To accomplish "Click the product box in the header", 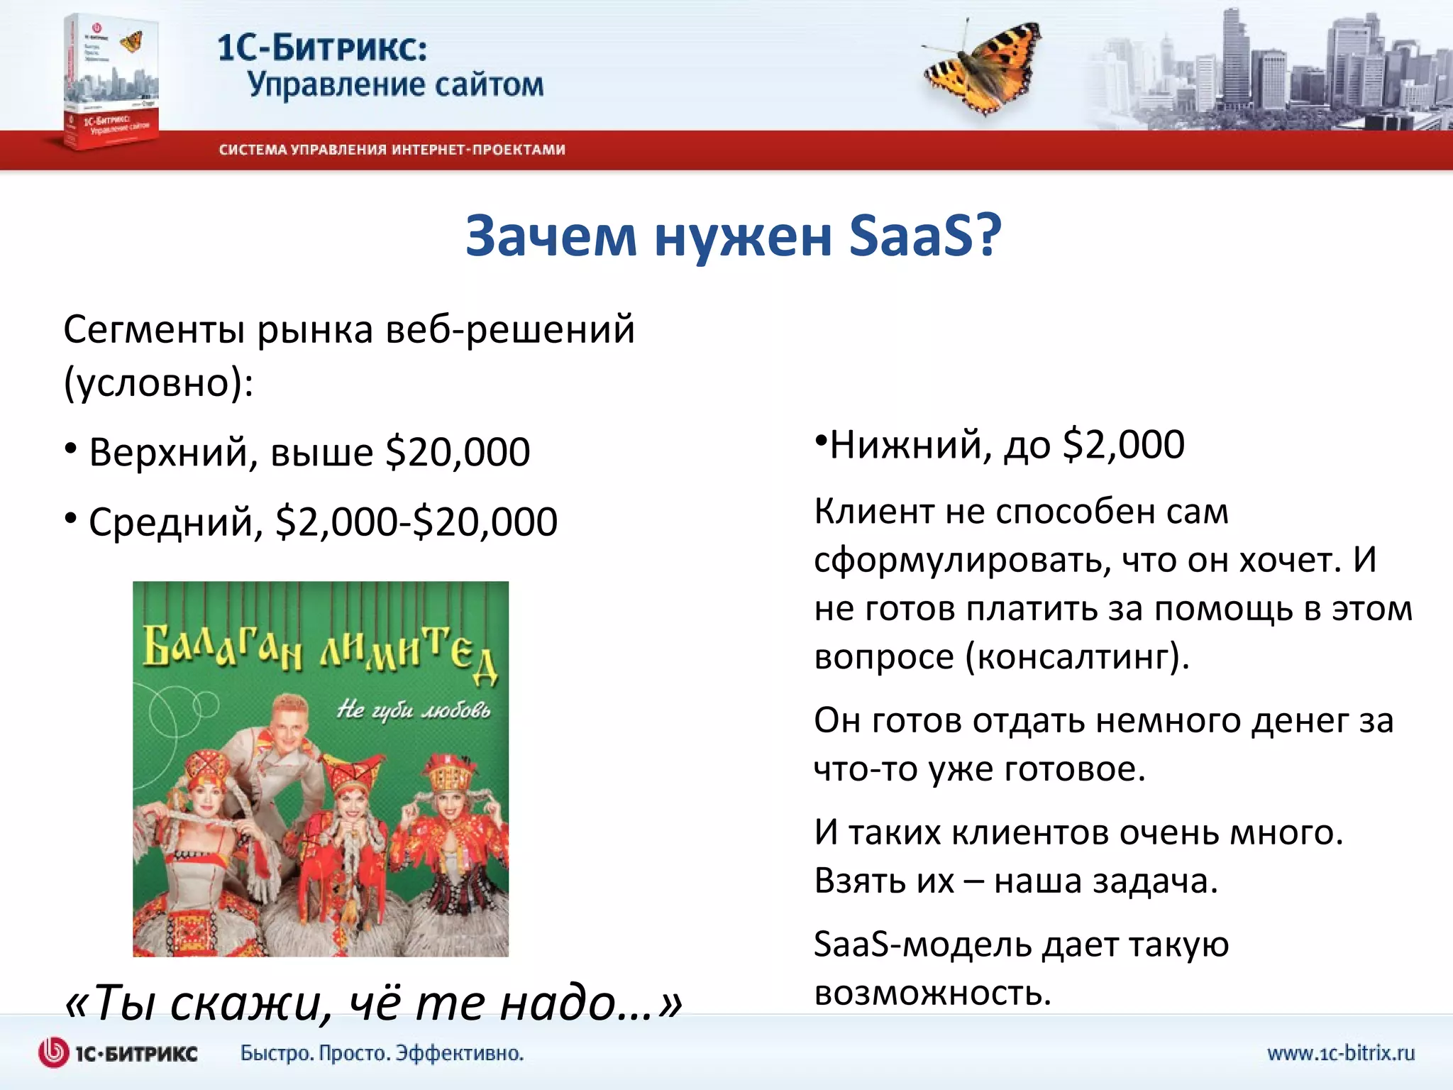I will pos(110,82).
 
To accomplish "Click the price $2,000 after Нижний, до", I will pos(1124,445).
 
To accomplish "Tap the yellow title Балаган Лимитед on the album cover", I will pos(320,649).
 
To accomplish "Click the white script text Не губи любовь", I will pos(413,709).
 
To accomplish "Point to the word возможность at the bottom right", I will pos(932,993).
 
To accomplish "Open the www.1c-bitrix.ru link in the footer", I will pos(1341,1052).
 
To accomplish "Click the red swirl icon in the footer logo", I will pos(53,1052).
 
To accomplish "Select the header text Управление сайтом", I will pos(395,85).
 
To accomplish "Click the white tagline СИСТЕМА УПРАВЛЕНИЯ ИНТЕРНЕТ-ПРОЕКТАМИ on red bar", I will pos(392,150).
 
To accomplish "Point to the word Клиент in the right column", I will pos(873,511).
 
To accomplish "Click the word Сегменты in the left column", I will pos(153,330).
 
